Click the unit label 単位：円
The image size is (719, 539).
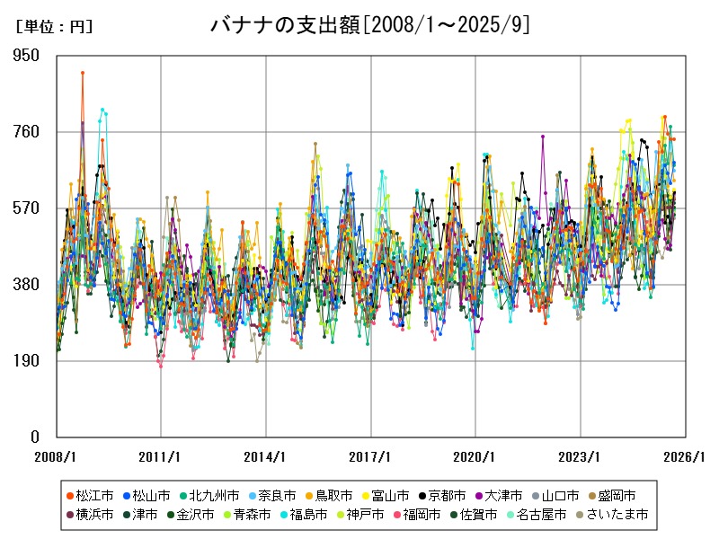pos(54,27)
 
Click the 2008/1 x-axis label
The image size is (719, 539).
pos(56,456)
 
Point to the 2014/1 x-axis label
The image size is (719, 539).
pos(266,456)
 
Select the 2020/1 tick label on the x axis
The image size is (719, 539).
pos(475,456)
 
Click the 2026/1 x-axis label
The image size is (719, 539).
pos(686,456)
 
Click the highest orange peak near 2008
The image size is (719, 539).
pos(82,73)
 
